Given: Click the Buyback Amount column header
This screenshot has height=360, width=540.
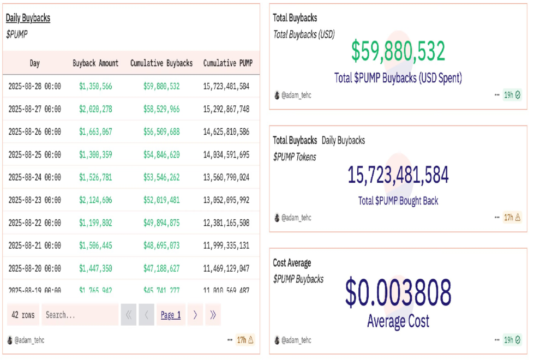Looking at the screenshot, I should (x=95, y=63).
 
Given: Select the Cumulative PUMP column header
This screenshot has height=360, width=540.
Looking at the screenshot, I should (x=228, y=63).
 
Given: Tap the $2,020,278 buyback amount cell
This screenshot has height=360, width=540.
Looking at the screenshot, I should (x=95, y=109).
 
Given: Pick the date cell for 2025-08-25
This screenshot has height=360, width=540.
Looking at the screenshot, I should (x=34, y=155).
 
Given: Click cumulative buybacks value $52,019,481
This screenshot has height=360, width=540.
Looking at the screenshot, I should (x=161, y=200).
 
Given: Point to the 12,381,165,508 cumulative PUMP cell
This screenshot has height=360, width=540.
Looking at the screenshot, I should (x=226, y=223).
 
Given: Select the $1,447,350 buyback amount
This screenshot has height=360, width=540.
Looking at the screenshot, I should (x=95, y=268).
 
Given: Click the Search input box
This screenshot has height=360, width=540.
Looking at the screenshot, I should (x=80, y=315).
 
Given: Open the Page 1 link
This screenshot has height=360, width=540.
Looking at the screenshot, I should (x=171, y=315).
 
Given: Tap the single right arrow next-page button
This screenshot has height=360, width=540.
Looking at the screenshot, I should (x=195, y=315).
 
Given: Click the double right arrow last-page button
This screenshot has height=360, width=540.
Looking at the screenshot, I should (x=213, y=315).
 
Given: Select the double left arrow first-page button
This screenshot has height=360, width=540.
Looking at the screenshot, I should (x=128, y=315).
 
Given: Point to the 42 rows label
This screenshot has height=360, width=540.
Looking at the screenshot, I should (x=23, y=315).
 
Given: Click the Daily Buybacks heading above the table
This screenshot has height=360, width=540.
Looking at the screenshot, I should (x=28, y=18).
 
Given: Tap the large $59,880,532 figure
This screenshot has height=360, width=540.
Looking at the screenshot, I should (x=398, y=51).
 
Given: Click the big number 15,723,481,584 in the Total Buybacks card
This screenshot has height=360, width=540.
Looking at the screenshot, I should (x=398, y=175).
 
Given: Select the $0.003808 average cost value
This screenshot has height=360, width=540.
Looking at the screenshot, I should (x=398, y=293).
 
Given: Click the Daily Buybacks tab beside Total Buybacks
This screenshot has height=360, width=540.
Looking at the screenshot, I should (x=343, y=140).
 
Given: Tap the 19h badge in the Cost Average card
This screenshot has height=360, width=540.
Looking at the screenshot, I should (x=512, y=340).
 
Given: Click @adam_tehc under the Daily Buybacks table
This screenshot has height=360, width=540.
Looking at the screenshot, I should (x=29, y=340).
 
